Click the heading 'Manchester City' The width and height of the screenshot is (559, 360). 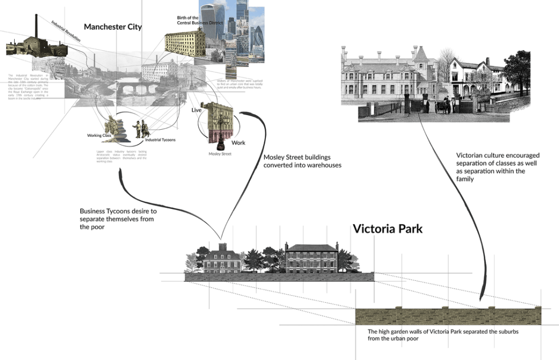pyautogui.click(x=112, y=27)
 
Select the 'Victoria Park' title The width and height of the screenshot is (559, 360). pyautogui.click(x=388, y=229)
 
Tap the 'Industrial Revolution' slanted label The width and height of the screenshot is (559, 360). pyautogui.click(x=66, y=32)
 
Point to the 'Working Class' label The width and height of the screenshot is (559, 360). pyautogui.click(x=99, y=135)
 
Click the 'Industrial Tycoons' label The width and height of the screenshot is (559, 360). pyautogui.click(x=160, y=140)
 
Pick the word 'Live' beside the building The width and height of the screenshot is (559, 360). pyautogui.click(x=197, y=110)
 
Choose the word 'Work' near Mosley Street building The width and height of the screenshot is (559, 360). pyautogui.click(x=239, y=143)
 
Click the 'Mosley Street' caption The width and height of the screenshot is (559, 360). pyautogui.click(x=220, y=154)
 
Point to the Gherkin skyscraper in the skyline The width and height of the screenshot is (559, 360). pyautogui.click(x=257, y=38)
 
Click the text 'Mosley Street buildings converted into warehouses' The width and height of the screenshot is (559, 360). pyautogui.click(x=302, y=161)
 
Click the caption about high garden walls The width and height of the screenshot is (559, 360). pyautogui.click(x=443, y=335)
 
